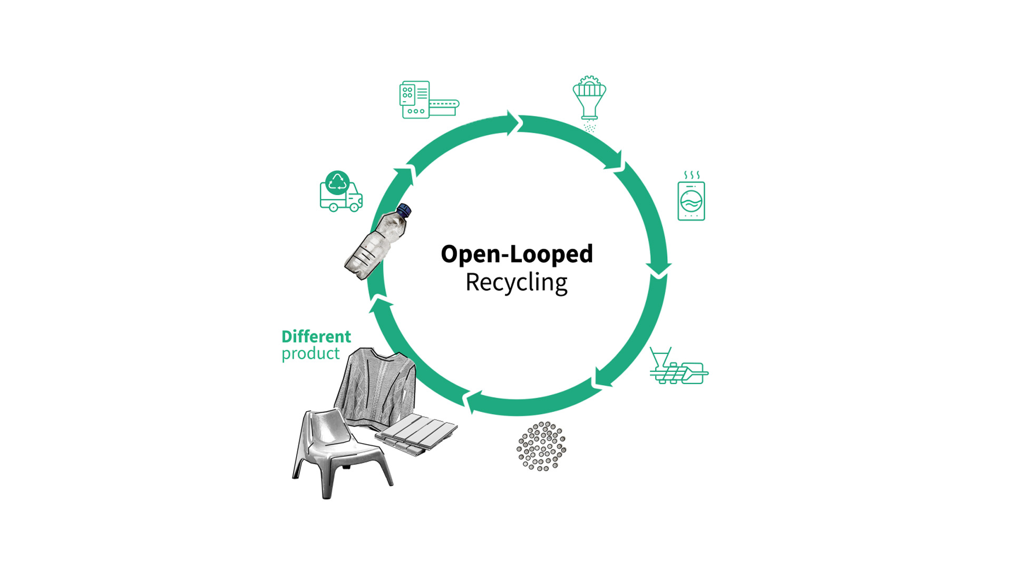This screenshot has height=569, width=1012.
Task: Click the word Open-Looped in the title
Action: click(517, 254)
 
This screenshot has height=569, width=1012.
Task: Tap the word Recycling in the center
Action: click(516, 282)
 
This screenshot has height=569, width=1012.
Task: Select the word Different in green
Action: click(316, 336)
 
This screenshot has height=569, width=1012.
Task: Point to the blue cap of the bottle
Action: click(404, 210)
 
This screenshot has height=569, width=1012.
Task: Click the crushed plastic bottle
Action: click(375, 244)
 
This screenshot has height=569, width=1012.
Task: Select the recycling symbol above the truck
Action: click(337, 183)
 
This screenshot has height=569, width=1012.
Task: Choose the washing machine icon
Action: click(691, 201)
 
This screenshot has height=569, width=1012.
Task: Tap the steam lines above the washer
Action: click(692, 175)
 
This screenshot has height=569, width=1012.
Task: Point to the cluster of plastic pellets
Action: click(541, 446)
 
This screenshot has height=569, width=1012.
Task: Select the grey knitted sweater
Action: click(375, 387)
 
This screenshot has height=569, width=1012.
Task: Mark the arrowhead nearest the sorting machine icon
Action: click(514, 123)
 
